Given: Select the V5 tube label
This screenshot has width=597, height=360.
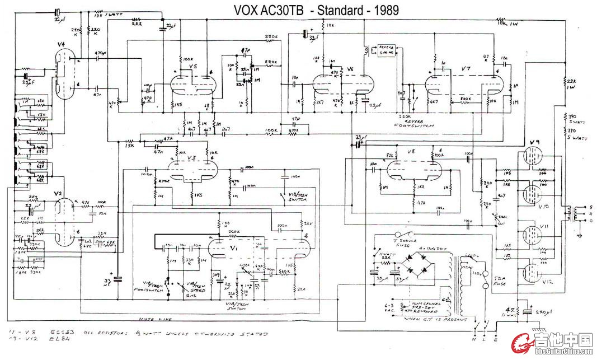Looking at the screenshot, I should tap(194, 67).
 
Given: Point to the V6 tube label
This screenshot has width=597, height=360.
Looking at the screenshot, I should tap(350, 69).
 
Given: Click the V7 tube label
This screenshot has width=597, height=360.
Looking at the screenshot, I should tap(465, 68).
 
